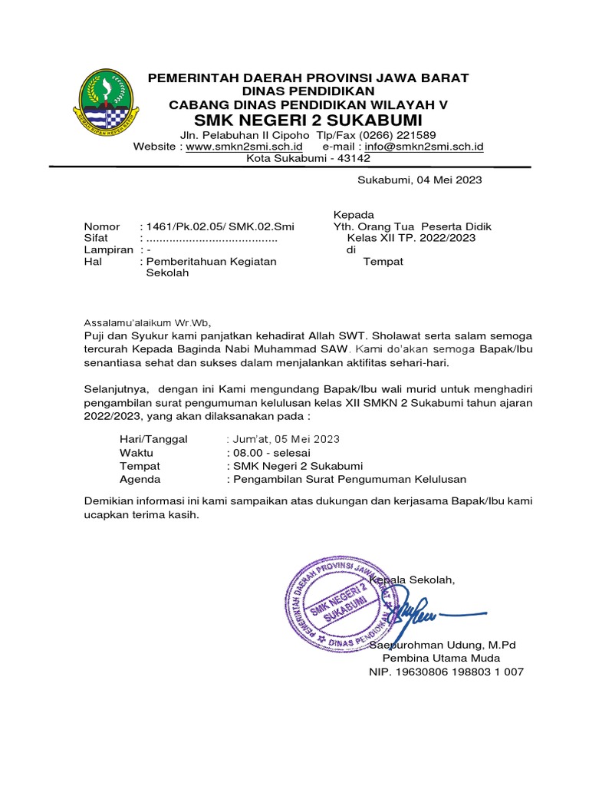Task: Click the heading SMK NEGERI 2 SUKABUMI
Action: (308, 121)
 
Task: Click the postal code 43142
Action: (353, 158)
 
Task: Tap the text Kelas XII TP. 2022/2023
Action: (411, 238)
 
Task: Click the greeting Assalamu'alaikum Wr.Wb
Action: (146, 322)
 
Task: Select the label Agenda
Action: (140, 479)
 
